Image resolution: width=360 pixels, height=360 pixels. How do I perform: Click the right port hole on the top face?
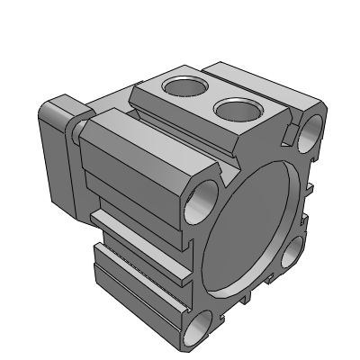tap(237, 110)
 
